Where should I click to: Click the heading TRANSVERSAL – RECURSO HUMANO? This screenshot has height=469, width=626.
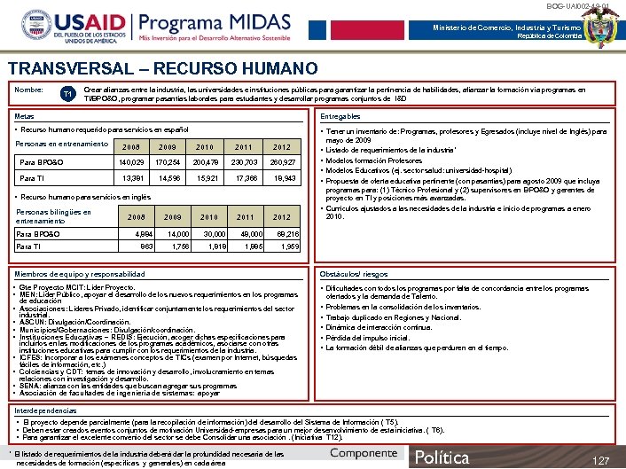(162, 69)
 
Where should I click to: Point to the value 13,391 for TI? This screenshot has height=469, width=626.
(131, 178)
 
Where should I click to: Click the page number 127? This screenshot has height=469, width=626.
(601, 460)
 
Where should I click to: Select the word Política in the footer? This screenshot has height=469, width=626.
(443, 457)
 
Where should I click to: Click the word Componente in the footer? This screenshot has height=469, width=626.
(363, 453)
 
